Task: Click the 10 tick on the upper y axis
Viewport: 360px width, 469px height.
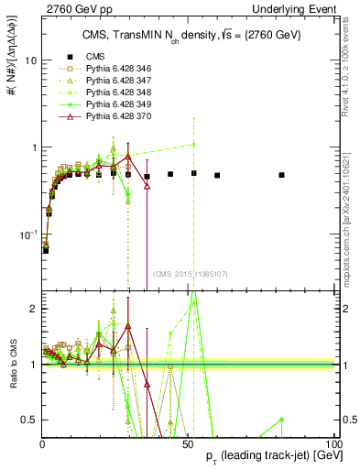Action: coord(30,60)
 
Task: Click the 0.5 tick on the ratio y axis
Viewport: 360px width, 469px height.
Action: coord(30,420)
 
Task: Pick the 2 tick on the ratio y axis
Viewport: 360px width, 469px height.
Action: coord(34,309)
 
